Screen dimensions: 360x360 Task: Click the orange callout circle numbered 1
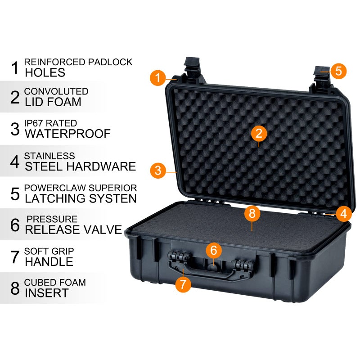click(x=157, y=77)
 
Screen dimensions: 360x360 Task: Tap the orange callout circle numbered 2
click(x=259, y=133)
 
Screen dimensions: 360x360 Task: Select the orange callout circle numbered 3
click(x=157, y=170)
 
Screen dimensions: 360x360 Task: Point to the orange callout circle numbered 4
click(x=344, y=214)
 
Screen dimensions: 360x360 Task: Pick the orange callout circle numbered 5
click(x=338, y=71)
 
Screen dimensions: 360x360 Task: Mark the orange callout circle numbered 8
click(x=252, y=213)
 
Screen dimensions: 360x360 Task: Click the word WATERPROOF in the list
click(x=67, y=134)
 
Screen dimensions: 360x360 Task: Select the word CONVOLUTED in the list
click(x=56, y=92)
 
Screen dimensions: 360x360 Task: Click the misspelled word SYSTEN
click(x=112, y=198)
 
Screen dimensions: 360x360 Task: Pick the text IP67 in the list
click(x=34, y=123)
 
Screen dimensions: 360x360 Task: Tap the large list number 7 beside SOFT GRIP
click(x=15, y=256)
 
